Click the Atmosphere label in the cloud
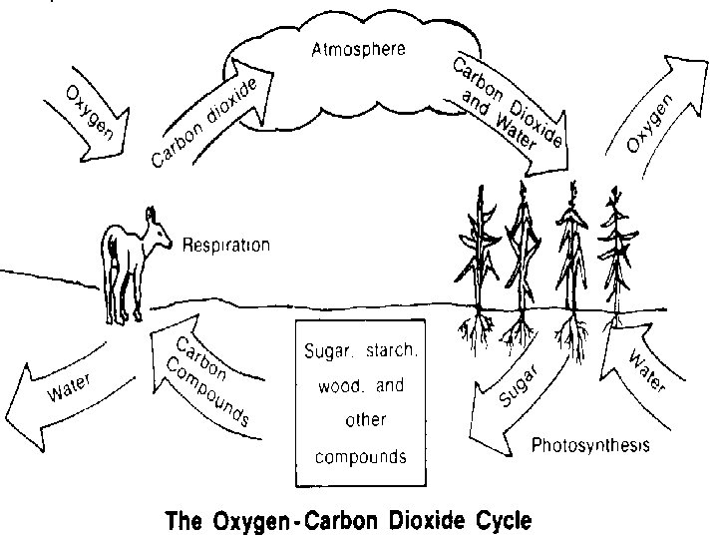tap(358, 51)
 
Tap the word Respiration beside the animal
tap(226, 245)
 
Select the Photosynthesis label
tap(591, 445)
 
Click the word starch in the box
tap(390, 352)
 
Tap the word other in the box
tap(363, 420)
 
